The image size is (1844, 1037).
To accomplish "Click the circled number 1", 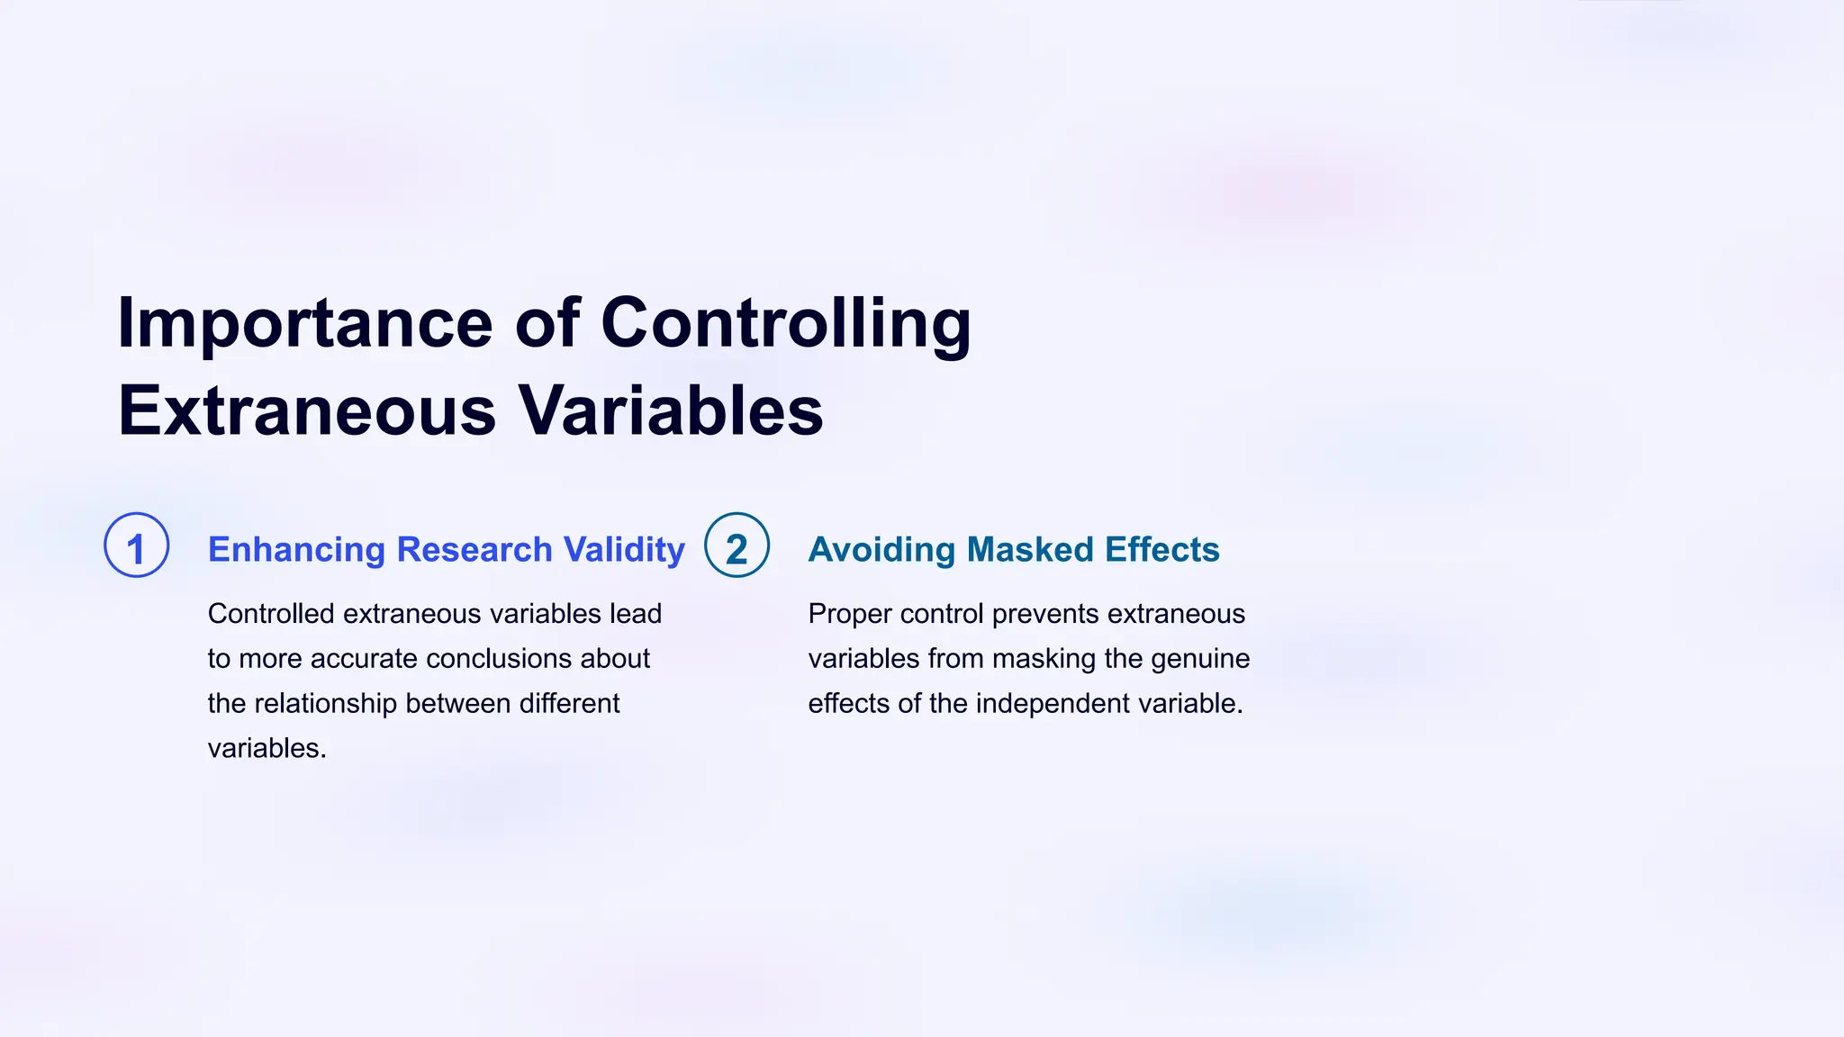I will pos(137,546).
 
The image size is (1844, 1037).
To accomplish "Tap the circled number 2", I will pos(737,546).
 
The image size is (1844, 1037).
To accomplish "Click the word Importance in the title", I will pos(304,324).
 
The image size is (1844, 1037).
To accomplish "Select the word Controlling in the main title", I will pos(785,324).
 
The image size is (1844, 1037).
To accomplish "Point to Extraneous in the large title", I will pos(306,411).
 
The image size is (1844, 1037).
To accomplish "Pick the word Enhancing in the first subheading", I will pos(296,550).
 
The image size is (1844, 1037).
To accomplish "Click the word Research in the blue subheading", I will pos(475,550).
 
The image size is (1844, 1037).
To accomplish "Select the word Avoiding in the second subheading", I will pos(881,550).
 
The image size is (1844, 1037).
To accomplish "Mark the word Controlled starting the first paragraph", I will pos(271,614).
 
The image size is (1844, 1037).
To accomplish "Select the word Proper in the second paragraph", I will pos(849,614).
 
